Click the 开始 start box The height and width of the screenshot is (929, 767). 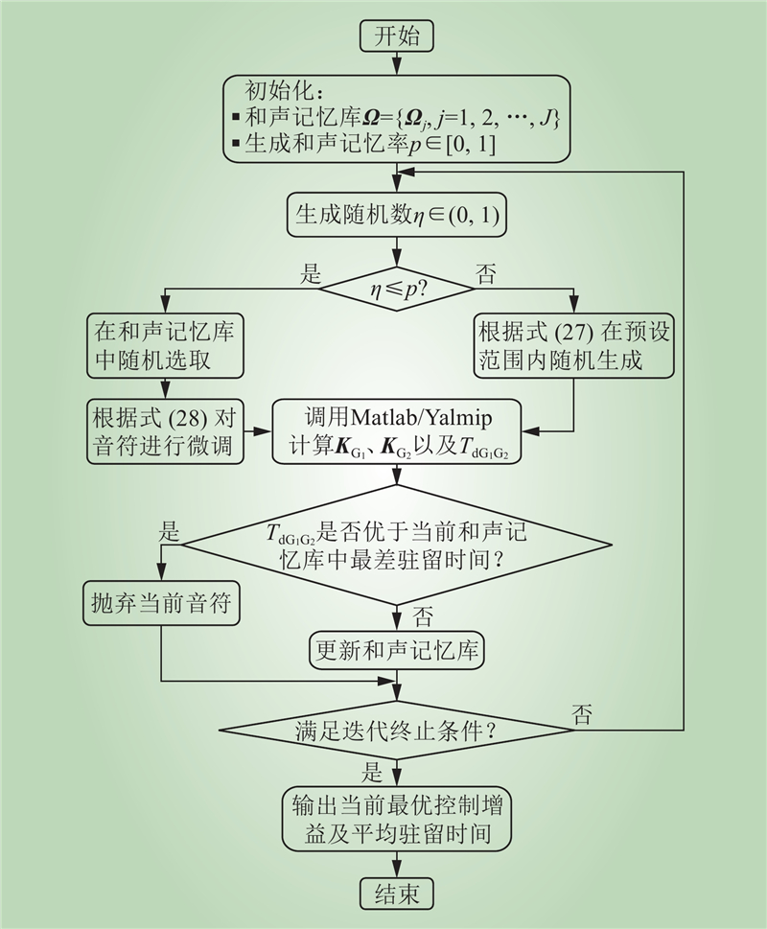click(x=397, y=36)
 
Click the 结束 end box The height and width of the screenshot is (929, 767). click(x=397, y=894)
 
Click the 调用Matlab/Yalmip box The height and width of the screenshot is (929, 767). click(x=397, y=433)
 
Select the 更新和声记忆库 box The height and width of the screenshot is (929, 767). click(x=397, y=653)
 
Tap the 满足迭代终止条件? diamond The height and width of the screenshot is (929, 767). click(x=396, y=733)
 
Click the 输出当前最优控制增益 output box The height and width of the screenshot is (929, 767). click(x=397, y=818)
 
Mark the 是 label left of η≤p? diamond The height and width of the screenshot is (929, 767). click(x=312, y=272)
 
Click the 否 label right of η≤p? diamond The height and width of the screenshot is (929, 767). click(x=487, y=273)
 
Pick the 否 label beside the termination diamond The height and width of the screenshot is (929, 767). click(x=582, y=711)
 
